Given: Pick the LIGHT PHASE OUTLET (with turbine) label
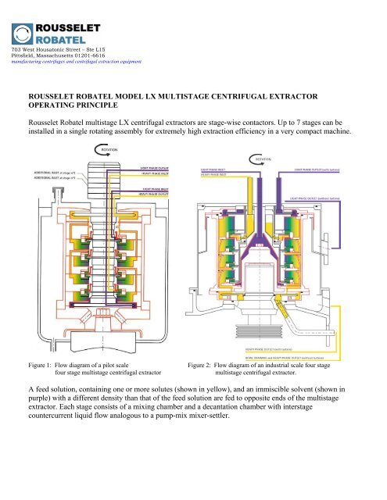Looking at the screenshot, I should (x=321, y=168).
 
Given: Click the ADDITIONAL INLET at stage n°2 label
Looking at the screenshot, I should (x=49, y=173).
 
